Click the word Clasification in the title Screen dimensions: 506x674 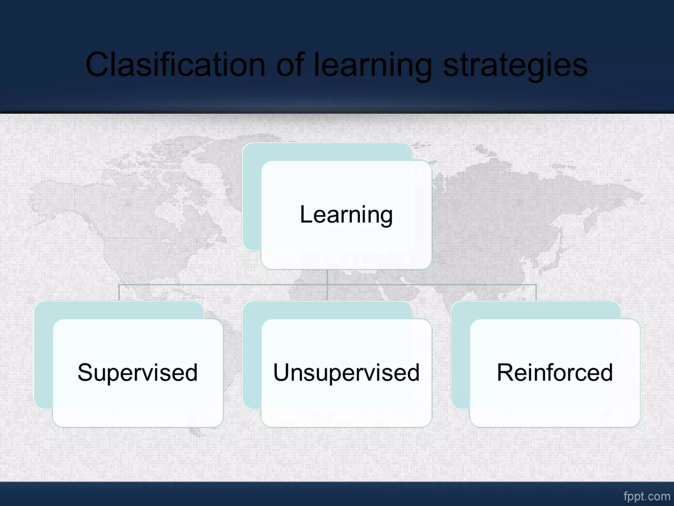[x=175, y=65]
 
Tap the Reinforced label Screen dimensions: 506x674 [x=555, y=373]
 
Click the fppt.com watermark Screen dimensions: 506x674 [x=647, y=496]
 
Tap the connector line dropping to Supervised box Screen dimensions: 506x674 [x=119, y=293]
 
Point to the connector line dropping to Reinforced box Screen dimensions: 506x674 [x=536, y=293]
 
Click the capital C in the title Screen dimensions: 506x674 [x=97, y=65]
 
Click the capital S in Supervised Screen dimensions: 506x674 [x=86, y=372]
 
